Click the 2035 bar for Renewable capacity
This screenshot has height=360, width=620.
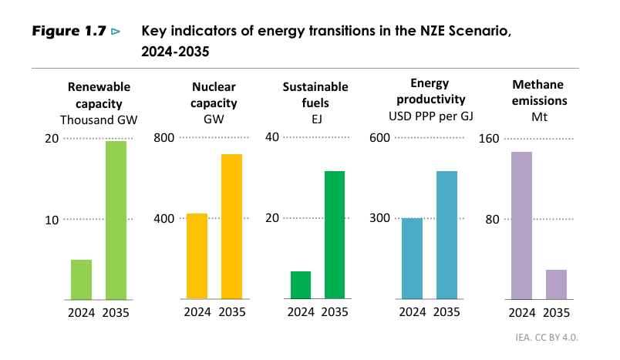pos(116,220)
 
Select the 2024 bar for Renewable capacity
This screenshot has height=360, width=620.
pos(81,279)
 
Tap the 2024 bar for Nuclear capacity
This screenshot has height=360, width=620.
pos(197,256)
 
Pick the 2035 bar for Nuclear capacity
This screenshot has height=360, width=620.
pos(231,226)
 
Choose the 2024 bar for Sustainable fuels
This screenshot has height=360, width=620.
pos(301,284)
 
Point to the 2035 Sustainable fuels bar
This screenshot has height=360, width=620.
pos(335,234)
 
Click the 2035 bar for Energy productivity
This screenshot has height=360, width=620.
pos(446,234)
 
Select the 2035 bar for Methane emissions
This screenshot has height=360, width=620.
pos(556,284)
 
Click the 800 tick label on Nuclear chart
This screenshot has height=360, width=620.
pos(165,138)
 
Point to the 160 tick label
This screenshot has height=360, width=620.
pos(490,139)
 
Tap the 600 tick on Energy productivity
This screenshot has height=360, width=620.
pos(380,138)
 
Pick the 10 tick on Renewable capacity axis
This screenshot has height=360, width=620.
pos(52,220)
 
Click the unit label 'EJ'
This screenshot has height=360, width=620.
pos(315,119)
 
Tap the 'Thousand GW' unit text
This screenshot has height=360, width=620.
pos(94,119)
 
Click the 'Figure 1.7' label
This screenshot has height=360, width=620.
pos(67,32)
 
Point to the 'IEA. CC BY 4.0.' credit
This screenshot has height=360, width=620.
pos(547,338)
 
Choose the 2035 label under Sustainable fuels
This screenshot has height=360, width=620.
pos(335,312)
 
